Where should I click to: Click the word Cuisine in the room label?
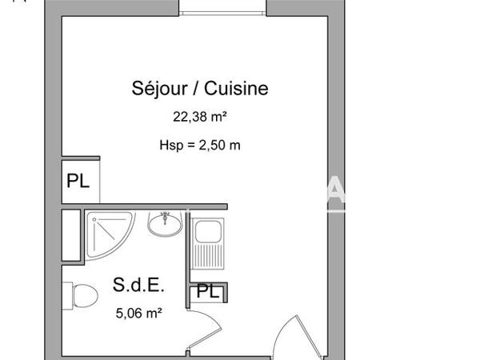pyautogui.click(x=236, y=89)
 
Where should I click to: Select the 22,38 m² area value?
pyautogui.click(x=200, y=117)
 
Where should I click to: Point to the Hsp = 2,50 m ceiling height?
pyautogui.click(x=200, y=145)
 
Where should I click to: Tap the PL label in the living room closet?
pyautogui.click(x=78, y=182)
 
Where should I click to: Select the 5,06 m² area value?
pyautogui.click(x=139, y=314)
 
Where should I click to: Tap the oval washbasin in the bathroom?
pyautogui.click(x=166, y=224)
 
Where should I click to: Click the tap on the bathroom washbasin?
pyautogui.click(x=166, y=215)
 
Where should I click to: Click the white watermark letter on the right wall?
pyautogui.click(x=337, y=194)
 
